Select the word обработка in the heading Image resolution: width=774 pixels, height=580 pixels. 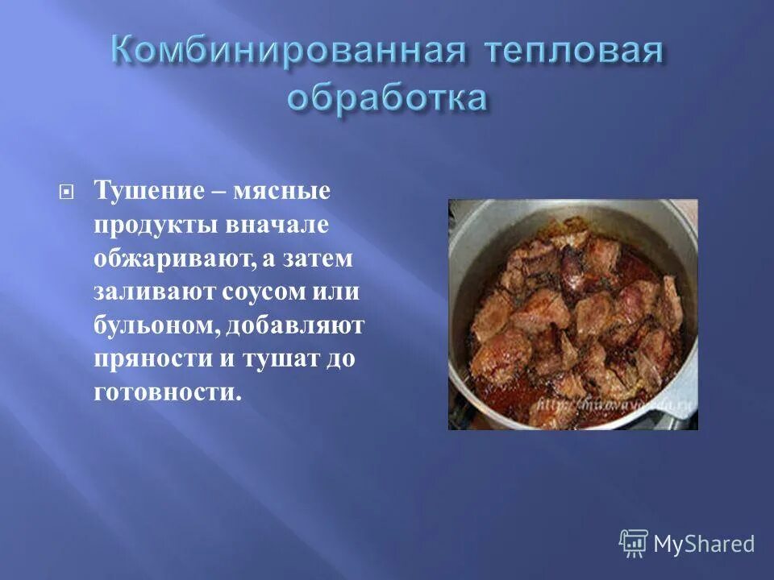pyautogui.click(x=387, y=99)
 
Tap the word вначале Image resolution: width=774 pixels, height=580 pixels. pyautogui.click(x=272, y=226)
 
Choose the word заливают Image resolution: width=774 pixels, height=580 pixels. pyautogui.click(x=148, y=293)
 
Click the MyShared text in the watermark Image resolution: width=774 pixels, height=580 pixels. pyautogui.click(x=704, y=544)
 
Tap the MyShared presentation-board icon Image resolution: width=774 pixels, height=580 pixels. pyautogui.click(x=633, y=543)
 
